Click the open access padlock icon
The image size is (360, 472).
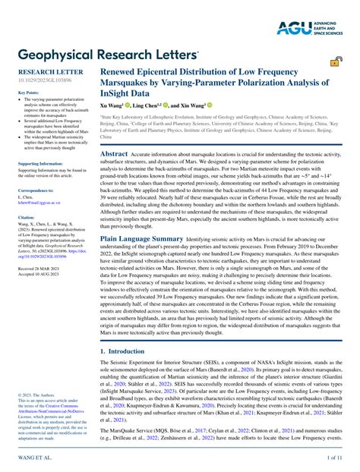(x=333, y=64)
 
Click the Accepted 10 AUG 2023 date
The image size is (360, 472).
(x=37, y=275)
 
